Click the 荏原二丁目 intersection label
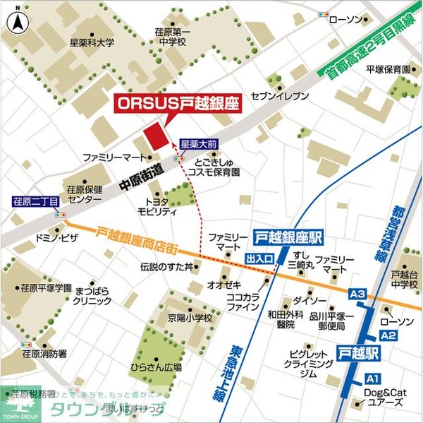click(x=35, y=201)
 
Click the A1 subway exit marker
click(x=372, y=379)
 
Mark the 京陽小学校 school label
click(x=189, y=318)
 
